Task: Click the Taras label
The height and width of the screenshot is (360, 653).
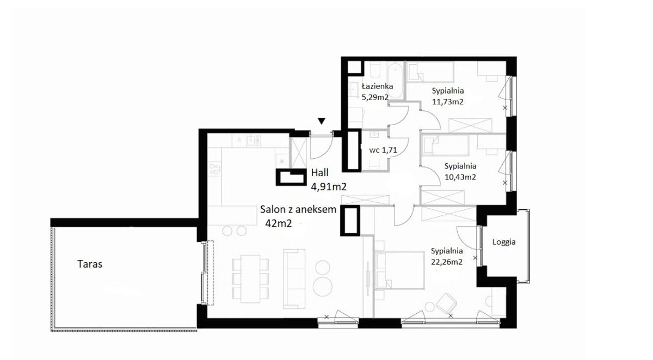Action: [x=90, y=264]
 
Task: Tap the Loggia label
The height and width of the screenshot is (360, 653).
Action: [x=504, y=242]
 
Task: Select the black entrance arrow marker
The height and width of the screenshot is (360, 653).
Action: [x=321, y=121]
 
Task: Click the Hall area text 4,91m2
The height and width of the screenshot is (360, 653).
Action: [x=329, y=187]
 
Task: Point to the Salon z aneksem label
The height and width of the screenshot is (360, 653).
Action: [x=298, y=209]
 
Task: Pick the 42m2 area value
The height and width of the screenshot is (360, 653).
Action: [x=279, y=224]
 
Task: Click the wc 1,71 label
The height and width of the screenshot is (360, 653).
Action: [x=383, y=150]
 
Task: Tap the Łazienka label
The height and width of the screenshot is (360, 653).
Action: [x=377, y=86]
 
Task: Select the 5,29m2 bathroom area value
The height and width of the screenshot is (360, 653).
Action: [x=375, y=97]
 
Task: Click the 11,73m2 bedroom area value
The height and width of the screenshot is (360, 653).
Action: [x=448, y=102]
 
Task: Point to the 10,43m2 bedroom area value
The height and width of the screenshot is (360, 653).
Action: [x=460, y=177]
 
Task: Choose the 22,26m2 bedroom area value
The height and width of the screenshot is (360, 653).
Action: [x=447, y=262]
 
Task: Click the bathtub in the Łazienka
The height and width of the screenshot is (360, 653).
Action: [x=395, y=80]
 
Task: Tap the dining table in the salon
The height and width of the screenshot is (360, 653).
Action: [x=250, y=279]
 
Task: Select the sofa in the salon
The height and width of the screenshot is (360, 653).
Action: [x=294, y=279]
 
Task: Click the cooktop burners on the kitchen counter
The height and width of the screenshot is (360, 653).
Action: [x=214, y=169]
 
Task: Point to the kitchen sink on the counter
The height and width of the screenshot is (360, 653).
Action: [x=251, y=140]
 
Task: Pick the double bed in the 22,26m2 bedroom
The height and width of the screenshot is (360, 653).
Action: [x=400, y=271]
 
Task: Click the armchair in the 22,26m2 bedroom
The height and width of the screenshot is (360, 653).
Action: [x=446, y=304]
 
